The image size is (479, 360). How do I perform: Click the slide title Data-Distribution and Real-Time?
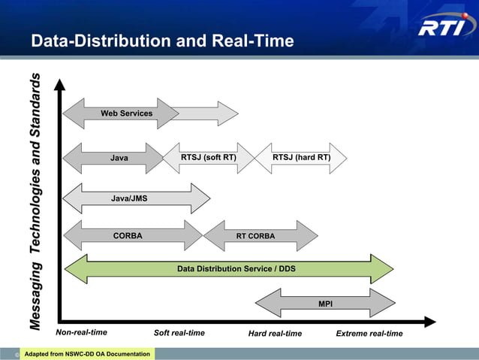pyautogui.click(x=162, y=41)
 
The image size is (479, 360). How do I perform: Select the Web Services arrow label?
pyautogui.click(x=127, y=113)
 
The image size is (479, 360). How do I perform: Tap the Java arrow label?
pyautogui.click(x=119, y=159)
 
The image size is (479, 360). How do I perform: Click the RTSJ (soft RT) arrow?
pyautogui.click(x=209, y=158)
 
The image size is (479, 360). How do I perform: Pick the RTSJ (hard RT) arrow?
pyautogui.click(x=301, y=158)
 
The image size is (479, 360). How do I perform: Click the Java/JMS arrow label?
pyautogui.click(x=129, y=198)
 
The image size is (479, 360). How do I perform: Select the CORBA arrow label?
pyautogui.click(x=128, y=235)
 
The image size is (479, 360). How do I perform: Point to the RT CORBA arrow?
pyautogui.click(x=255, y=236)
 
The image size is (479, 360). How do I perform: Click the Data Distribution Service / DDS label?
pyautogui.click(x=236, y=268)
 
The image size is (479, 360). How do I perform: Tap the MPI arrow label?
pyautogui.click(x=325, y=304)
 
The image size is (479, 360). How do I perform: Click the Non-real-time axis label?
pyautogui.click(x=82, y=333)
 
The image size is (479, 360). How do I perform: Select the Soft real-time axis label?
pyautogui.click(x=179, y=334)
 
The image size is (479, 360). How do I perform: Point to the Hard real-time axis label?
pyautogui.click(x=275, y=334)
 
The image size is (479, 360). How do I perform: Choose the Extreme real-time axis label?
pyautogui.click(x=369, y=334)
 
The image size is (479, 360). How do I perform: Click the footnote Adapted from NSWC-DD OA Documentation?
pyautogui.click(x=87, y=354)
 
